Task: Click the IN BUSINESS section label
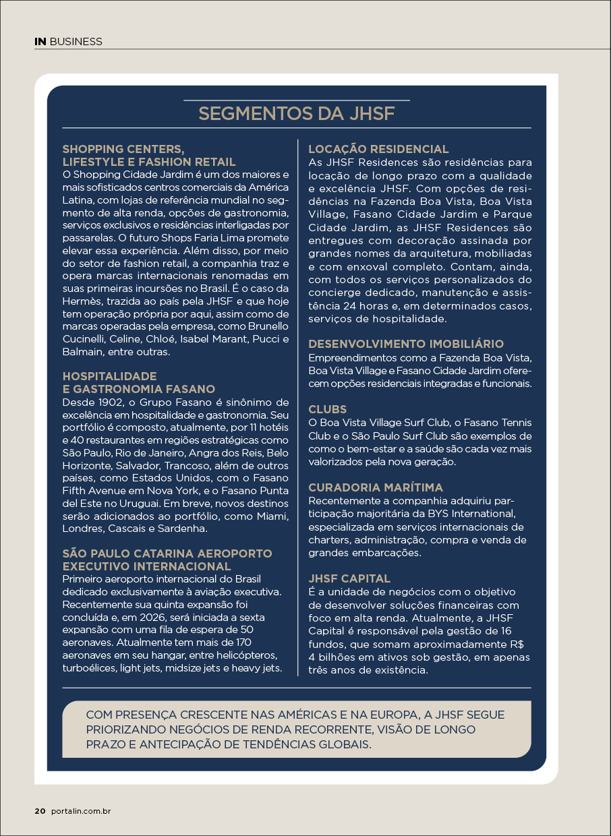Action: point(68,42)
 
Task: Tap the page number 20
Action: point(40,811)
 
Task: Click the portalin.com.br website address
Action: point(80,811)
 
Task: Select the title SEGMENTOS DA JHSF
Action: point(296,113)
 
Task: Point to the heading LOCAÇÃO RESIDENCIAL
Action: point(378,149)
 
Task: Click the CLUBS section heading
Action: point(328,409)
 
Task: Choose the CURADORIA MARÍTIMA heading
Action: point(376,487)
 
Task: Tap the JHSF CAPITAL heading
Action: point(349,578)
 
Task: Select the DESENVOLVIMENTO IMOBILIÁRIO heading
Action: point(406,344)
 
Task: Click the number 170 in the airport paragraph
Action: point(241,643)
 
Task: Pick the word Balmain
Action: point(82,352)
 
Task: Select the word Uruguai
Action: point(156,504)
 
